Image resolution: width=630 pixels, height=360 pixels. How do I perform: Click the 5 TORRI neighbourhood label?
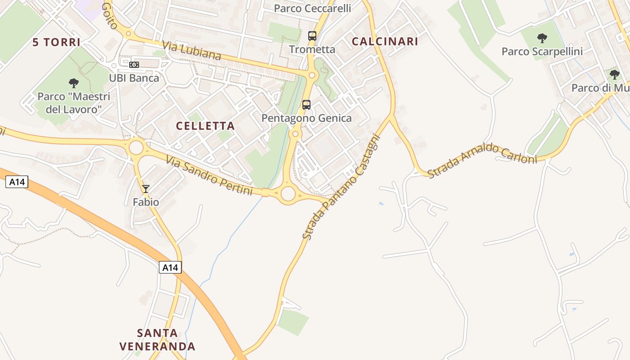tap(56, 42)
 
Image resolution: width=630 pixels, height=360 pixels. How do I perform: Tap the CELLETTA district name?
tap(205, 126)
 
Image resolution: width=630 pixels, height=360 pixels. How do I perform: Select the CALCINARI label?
tap(385, 41)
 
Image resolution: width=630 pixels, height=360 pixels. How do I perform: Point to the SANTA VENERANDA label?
tap(157, 340)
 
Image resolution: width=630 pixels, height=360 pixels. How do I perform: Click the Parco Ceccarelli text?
tap(312, 9)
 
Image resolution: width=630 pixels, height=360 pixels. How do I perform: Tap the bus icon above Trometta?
tap(312, 36)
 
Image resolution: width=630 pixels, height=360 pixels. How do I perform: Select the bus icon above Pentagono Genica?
tap(306, 105)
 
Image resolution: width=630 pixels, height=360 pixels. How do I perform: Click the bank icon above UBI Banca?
tap(134, 65)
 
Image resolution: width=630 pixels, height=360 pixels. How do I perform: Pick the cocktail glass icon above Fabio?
tap(145, 189)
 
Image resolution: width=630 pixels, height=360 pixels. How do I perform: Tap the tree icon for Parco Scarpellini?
tap(542, 38)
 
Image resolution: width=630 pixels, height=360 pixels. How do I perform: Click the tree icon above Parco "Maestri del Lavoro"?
tap(74, 83)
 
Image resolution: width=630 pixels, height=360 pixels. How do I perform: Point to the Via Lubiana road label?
tap(192, 51)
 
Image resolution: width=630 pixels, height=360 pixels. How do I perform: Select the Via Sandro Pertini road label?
tap(209, 175)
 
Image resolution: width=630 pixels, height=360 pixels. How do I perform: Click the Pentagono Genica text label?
tap(306, 118)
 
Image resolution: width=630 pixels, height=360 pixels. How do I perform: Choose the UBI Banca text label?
tap(134, 78)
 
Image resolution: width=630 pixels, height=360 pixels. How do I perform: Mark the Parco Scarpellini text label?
tap(542, 52)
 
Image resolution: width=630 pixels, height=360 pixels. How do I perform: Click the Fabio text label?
tap(146, 202)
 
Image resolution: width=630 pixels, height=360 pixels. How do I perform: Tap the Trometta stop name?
tap(312, 49)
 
